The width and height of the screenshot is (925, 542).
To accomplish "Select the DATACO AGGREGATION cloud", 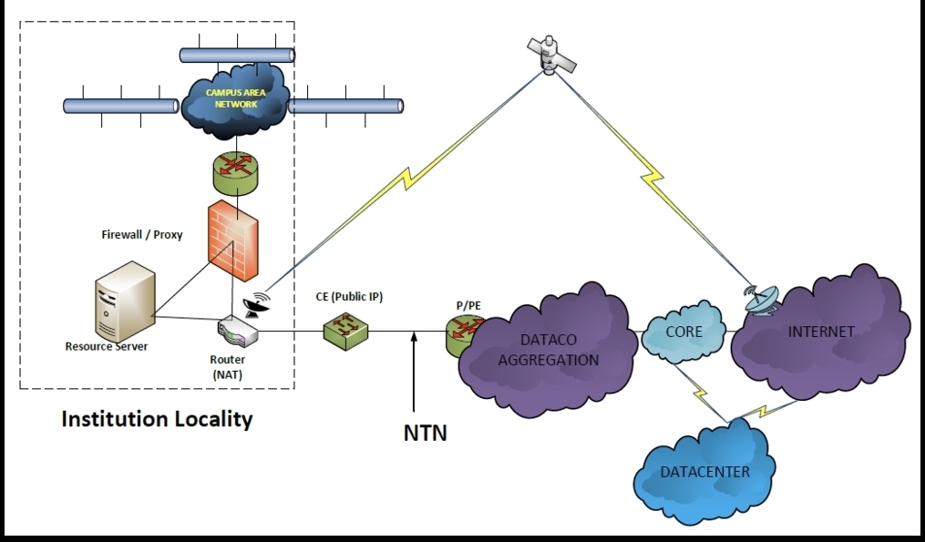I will (546, 350).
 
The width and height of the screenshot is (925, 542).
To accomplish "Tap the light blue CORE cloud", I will (684, 332).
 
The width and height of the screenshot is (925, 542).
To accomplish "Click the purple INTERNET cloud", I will (820, 332).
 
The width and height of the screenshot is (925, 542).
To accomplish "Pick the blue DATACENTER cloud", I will (704, 471).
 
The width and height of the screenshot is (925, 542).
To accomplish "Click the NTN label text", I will (425, 432).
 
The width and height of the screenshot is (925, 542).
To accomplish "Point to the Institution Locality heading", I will (156, 420).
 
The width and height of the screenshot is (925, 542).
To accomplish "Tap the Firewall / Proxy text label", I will (141, 234).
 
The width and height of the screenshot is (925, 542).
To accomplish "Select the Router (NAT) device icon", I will (237, 332).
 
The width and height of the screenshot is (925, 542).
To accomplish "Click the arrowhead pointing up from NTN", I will (414, 339).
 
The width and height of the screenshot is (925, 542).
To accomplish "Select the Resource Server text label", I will (106, 346).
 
